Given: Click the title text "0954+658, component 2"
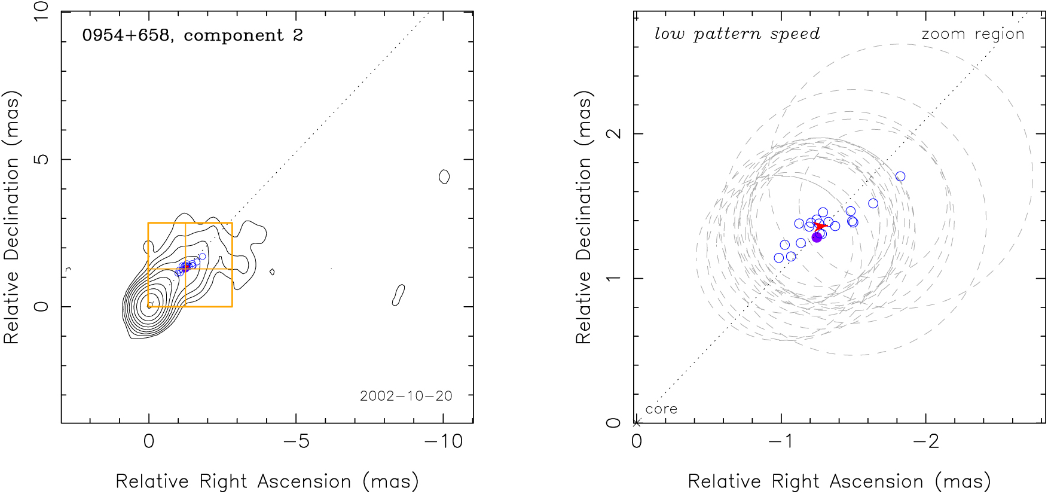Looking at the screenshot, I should (193, 35).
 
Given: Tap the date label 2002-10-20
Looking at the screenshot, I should (406, 396).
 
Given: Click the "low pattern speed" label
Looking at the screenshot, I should (737, 34).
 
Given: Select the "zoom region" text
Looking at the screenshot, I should (973, 34).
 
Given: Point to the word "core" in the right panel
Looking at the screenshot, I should (661, 409).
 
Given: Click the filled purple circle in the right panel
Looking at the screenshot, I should (817, 237).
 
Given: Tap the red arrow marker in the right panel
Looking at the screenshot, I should (821, 226).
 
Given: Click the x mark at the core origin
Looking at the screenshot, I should (637, 422).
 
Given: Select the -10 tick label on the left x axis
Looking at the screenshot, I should (443, 441).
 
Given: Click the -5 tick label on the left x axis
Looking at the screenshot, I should (296, 441).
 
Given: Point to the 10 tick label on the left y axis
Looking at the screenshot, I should (41, 12).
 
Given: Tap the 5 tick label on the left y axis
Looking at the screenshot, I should (41, 160).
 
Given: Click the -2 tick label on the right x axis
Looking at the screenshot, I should (926, 441).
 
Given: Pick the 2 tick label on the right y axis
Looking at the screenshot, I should (614, 133).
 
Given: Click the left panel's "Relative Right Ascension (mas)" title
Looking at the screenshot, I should (267, 481).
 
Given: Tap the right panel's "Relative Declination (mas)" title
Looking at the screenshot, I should (583, 218).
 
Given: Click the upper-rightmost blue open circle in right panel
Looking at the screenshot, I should (900, 176).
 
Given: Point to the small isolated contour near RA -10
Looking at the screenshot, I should (444, 176).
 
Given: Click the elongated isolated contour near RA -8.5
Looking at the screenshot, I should (398, 295).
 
